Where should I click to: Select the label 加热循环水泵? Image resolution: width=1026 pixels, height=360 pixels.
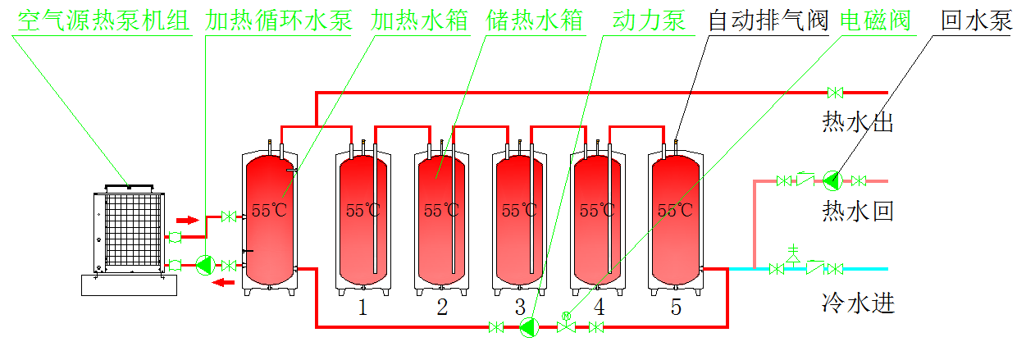pyautogui.click(x=279, y=21)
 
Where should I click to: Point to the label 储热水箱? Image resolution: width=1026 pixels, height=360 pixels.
pyautogui.click(x=534, y=21)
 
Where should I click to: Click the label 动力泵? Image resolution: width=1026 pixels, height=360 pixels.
pyautogui.click(x=649, y=21)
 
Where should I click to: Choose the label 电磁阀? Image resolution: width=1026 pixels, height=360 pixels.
pyautogui.click(x=876, y=21)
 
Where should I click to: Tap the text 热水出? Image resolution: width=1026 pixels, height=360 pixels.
pyautogui.click(x=857, y=124)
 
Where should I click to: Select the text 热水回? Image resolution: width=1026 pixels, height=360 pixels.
pyautogui.click(x=857, y=212)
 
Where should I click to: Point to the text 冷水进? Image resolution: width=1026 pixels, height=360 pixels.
pyautogui.click(x=857, y=304)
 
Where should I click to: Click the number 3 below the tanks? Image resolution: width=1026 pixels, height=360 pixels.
pyautogui.click(x=520, y=308)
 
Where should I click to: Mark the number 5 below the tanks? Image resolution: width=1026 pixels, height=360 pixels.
pyautogui.click(x=676, y=308)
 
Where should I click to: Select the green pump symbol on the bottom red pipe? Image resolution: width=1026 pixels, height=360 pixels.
pyautogui.click(x=529, y=327)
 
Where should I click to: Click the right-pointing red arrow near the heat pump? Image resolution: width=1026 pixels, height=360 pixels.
pyautogui.click(x=188, y=220)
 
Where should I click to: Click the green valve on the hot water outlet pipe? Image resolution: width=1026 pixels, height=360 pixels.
pyautogui.click(x=836, y=92)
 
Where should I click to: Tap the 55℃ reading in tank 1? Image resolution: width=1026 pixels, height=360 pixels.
pyautogui.click(x=363, y=210)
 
